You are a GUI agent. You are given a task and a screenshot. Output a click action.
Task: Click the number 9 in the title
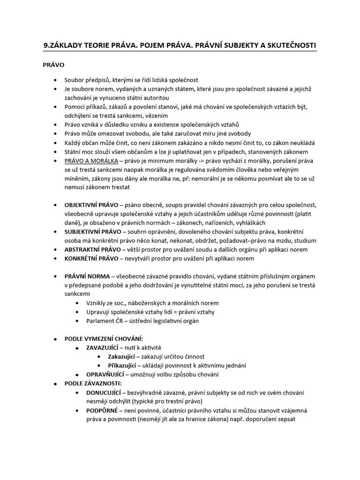[x=45, y=45]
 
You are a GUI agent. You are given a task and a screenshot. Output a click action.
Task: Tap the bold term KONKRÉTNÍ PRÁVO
[x=91, y=258]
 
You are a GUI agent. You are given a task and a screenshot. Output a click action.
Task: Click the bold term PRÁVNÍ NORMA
[x=87, y=276]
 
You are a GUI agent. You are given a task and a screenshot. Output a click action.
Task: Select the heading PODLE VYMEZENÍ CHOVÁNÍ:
[x=104, y=338]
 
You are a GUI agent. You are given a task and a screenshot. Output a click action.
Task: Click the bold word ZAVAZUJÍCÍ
[x=103, y=347]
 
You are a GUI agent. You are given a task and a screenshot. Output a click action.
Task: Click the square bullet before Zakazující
[x=99, y=357]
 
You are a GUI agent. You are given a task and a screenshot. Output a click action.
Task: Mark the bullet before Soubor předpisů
[x=56, y=81]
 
